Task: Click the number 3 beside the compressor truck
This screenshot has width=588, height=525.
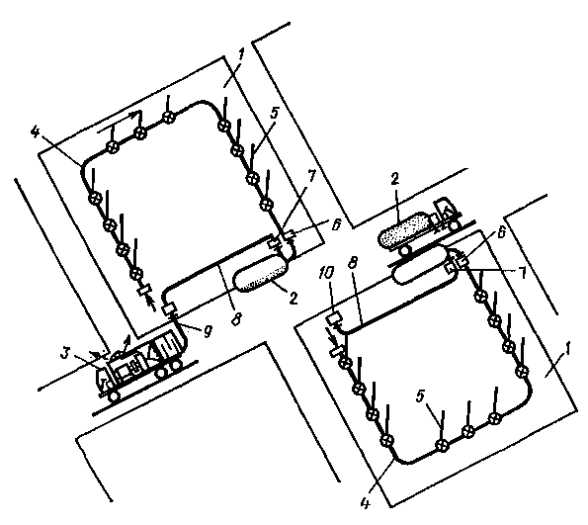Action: click(66, 353)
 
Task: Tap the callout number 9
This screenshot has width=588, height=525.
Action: click(208, 331)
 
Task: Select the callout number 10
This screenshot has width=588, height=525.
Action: click(325, 274)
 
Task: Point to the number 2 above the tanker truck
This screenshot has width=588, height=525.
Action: click(395, 179)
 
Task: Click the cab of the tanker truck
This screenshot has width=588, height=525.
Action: click(446, 212)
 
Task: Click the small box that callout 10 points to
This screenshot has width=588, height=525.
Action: click(333, 319)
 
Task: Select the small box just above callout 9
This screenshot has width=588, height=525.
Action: click(169, 308)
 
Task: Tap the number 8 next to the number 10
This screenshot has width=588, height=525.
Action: click(353, 262)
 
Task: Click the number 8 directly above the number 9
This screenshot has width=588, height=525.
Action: click(236, 319)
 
